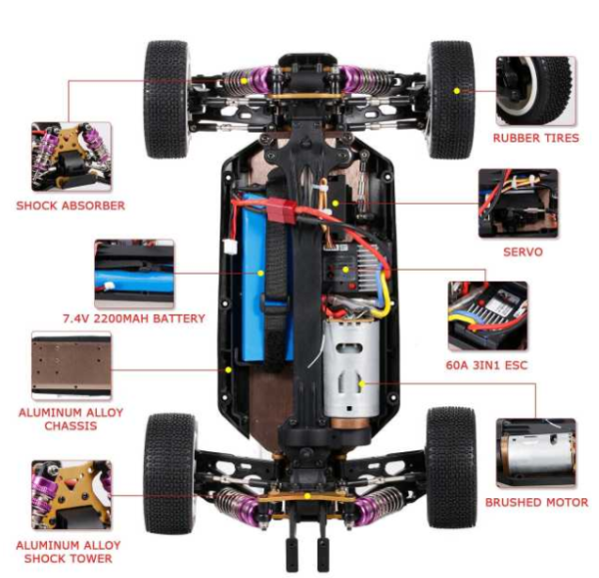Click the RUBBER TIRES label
point(535,138)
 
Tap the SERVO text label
point(522,253)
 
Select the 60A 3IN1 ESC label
point(486,365)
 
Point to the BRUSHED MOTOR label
point(536,502)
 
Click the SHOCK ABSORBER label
point(71,206)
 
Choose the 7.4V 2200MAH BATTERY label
point(134,318)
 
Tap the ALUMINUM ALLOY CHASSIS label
point(71,419)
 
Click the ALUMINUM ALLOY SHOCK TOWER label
point(68,552)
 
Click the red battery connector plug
point(282,211)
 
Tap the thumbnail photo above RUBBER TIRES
point(536,91)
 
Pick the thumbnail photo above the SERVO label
point(518,204)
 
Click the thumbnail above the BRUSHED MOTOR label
point(536,453)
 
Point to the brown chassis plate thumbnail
point(72,365)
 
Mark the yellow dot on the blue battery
point(261,274)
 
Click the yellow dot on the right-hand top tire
point(456,91)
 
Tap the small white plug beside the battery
point(230,247)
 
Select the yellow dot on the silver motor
point(361,383)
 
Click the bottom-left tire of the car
point(171,474)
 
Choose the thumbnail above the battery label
point(134,274)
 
